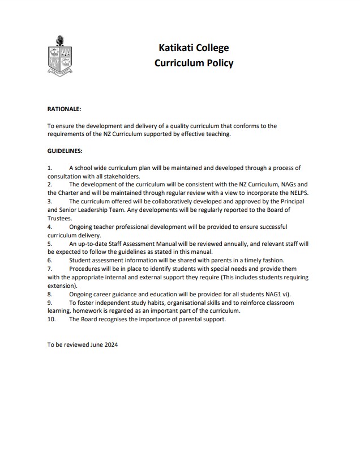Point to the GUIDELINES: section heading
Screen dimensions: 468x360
[x=65, y=151]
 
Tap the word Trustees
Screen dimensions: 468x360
[x=59, y=218]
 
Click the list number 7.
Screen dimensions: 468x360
[x=50, y=269]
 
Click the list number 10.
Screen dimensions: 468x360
[x=52, y=319]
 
